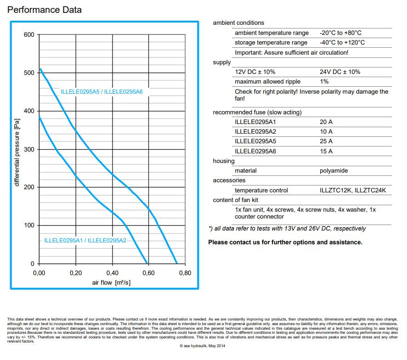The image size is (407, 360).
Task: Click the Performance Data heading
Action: pos(45,10)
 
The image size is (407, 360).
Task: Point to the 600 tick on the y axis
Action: pos(29,35)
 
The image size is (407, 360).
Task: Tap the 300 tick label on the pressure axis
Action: pos(29,149)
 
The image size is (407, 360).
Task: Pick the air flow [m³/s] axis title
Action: pos(111,282)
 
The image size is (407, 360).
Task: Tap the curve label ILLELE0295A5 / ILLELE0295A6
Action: pos(102,92)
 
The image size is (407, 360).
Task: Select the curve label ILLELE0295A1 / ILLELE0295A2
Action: pos(85,240)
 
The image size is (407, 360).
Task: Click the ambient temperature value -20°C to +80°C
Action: pos(340,33)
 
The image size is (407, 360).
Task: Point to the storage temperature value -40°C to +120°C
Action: pos(342,43)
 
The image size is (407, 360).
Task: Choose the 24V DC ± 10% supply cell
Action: pos(340,72)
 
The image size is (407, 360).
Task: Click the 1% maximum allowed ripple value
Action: pos(324,82)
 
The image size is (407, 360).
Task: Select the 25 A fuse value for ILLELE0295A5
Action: pos(326,141)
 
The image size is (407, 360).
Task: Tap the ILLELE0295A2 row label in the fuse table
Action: pos(255,132)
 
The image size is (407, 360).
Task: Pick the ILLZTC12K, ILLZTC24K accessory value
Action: pos(353,191)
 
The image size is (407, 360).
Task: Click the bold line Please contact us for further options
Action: pos(285,242)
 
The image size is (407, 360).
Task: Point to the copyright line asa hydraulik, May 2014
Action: pos(203,347)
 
